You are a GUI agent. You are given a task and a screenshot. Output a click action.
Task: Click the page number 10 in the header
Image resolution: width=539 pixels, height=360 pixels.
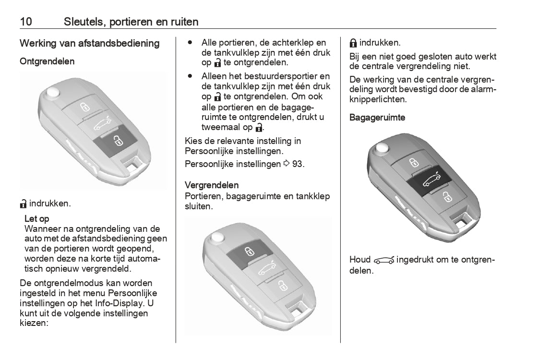26,22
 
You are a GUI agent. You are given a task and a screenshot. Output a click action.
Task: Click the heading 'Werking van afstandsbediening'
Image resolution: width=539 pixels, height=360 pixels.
89,44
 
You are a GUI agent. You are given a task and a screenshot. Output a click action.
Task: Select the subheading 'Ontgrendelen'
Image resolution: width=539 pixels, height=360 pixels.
47,61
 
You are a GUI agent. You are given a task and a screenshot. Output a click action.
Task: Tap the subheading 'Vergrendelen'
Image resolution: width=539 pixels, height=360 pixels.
212,185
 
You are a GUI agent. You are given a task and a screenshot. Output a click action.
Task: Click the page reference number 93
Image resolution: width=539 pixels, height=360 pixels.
298,164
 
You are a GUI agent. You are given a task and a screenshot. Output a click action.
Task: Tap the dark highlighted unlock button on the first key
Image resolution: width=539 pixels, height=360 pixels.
116,140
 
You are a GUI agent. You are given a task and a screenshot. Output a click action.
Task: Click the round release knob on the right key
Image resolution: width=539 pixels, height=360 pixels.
382,148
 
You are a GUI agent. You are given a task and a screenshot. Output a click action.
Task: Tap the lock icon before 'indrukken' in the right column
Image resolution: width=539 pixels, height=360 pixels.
353,43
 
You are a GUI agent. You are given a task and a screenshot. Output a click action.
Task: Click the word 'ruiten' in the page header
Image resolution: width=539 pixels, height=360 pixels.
184,22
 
